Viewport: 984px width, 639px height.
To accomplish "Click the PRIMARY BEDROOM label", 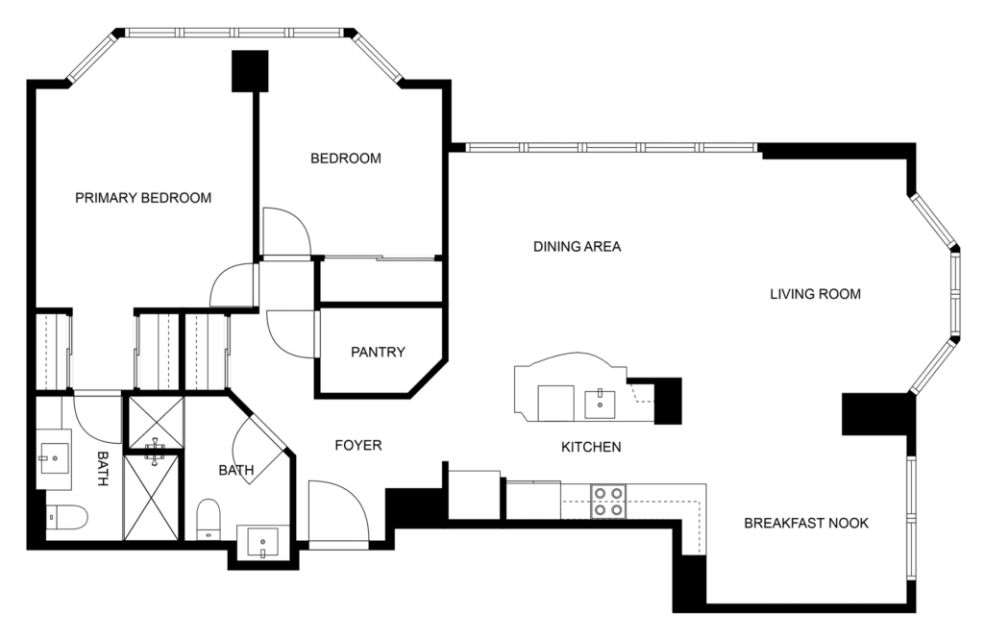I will point(143,198).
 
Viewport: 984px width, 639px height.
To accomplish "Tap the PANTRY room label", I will point(378,352).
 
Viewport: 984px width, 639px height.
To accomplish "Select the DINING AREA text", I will point(577,246).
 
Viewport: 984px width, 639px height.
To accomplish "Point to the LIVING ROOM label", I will point(815,293).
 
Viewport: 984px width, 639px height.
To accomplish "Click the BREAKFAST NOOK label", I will point(806,523).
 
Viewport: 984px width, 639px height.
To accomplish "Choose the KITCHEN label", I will point(591,447).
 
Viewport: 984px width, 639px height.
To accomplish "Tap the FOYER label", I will point(358,445).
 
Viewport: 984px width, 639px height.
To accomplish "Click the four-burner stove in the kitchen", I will point(606,501).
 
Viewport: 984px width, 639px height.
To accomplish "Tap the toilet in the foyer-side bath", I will point(209,521).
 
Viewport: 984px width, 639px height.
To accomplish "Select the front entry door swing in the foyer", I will point(337,511).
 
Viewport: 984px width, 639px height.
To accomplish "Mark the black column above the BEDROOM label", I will point(250,71).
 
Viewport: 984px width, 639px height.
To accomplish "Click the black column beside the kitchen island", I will point(667,400).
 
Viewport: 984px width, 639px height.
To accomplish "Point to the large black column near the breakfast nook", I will point(876,413).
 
